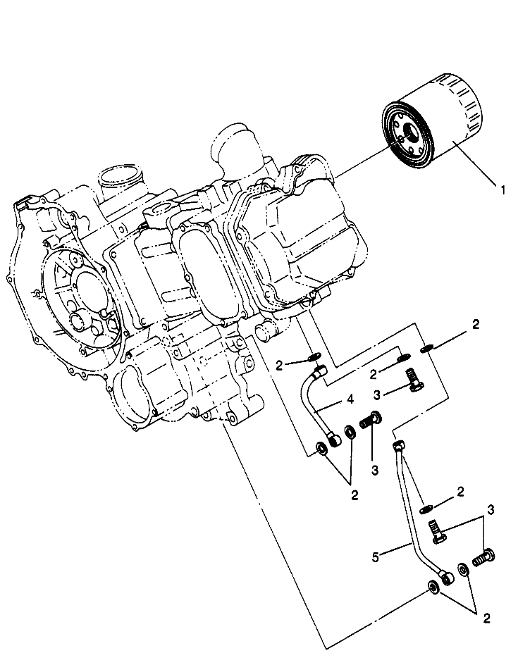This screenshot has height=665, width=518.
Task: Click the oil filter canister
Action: point(432,120)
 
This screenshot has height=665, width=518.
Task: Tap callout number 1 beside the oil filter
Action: point(503,190)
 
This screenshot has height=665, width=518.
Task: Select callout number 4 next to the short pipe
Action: point(350,399)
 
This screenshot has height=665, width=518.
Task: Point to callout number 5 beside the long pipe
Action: point(376,557)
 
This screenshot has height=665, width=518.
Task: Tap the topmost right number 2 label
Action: point(476,325)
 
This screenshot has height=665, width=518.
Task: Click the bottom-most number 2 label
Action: point(486,619)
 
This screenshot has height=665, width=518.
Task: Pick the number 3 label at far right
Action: point(491,510)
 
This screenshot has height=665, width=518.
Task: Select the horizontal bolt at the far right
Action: point(483,557)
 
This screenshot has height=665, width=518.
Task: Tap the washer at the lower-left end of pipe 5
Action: point(433,588)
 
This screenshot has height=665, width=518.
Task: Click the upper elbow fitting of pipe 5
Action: point(398,446)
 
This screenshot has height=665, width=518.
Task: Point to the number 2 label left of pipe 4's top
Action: point(278,366)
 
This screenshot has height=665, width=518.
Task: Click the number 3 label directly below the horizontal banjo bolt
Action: point(375,470)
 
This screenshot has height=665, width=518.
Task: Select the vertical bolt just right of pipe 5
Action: point(436,531)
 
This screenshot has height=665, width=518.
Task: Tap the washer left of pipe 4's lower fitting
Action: point(321,448)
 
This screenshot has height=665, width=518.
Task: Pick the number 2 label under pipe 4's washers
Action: point(354,495)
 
